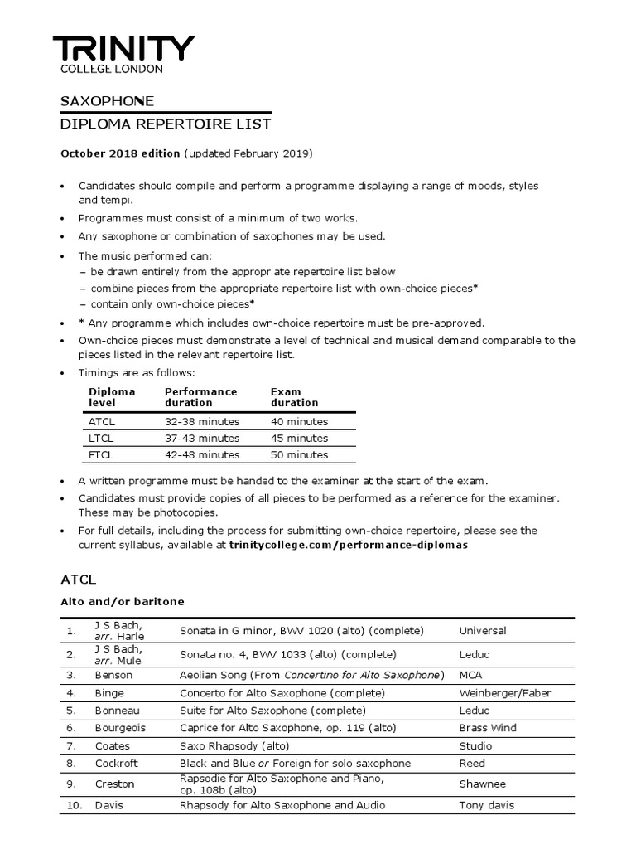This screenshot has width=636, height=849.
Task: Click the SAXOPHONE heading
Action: (107, 101)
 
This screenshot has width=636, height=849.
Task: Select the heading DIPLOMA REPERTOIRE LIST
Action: (166, 124)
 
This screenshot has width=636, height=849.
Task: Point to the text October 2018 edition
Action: (120, 153)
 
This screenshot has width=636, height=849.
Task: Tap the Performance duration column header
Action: (200, 397)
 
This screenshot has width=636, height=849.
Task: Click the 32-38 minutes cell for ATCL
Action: (201, 421)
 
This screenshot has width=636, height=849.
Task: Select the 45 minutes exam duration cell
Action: (299, 438)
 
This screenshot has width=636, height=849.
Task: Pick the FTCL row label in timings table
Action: (103, 454)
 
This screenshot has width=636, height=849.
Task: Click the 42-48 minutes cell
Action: (201, 454)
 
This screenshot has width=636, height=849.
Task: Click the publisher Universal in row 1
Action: (483, 631)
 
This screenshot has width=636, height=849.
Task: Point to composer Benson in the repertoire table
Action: (113, 676)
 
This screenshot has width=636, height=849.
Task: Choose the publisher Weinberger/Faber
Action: (504, 693)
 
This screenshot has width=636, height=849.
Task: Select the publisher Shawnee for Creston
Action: (483, 784)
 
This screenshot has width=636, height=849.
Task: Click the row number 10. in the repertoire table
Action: (75, 805)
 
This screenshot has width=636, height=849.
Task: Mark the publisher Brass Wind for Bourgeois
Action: (488, 728)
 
